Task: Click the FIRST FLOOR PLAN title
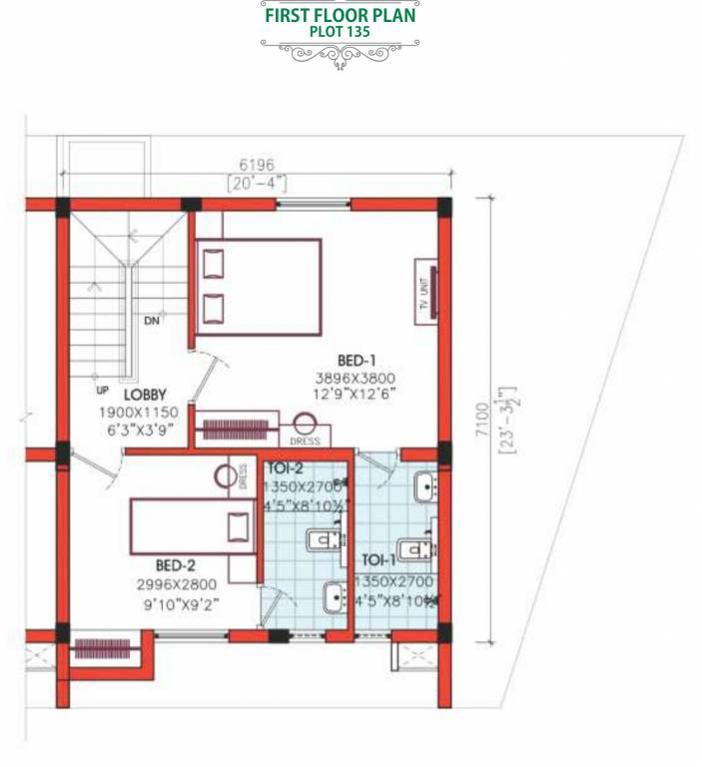[x=340, y=15]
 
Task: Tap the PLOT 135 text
[x=340, y=32]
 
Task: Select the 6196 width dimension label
[x=255, y=165]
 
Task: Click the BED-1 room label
[x=355, y=359]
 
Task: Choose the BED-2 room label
[x=154, y=564]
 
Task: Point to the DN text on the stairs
[x=151, y=321]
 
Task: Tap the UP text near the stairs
[x=101, y=390]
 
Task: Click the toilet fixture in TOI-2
[x=319, y=541]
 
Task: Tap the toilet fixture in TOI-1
[x=414, y=549]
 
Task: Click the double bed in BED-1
[x=258, y=287]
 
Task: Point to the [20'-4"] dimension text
[x=255, y=183]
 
